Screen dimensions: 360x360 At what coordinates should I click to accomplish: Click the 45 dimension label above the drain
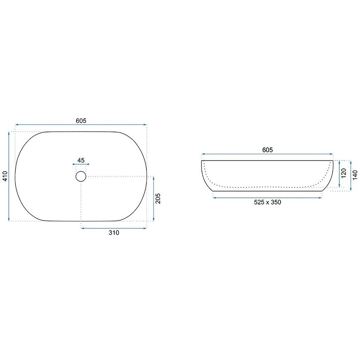pos(81,160)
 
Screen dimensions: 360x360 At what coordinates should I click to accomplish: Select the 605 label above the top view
pos(81,121)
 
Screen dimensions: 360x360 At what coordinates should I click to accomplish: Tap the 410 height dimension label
pos(5,176)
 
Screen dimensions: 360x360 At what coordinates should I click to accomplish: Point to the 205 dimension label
pos(158,198)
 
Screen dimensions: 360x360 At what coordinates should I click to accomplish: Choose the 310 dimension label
pos(114,233)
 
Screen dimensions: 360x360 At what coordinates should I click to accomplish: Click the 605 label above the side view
pos(267,150)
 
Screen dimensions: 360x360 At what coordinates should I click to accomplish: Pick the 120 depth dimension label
pos(343,173)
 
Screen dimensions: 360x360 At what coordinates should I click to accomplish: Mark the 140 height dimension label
pos(355,175)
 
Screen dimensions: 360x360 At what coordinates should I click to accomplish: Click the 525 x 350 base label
pos(267,202)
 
